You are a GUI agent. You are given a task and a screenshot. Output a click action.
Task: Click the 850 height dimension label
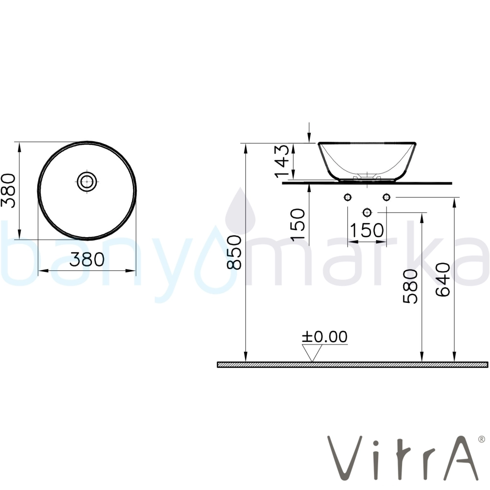point(234,252)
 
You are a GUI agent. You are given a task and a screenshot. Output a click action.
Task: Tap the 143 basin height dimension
point(283,161)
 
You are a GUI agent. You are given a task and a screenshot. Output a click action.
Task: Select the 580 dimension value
point(410,286)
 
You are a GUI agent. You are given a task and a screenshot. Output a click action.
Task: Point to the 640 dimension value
point(443,279)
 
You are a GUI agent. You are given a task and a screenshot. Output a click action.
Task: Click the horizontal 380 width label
point(87,259)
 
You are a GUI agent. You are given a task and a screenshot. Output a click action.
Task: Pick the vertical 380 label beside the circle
point(8,191)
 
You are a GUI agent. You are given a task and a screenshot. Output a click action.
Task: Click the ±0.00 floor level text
point(324,337)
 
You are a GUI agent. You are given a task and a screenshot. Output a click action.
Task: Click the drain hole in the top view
point(87,181)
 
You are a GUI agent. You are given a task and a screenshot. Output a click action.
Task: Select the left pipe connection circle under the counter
point(347,197)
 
